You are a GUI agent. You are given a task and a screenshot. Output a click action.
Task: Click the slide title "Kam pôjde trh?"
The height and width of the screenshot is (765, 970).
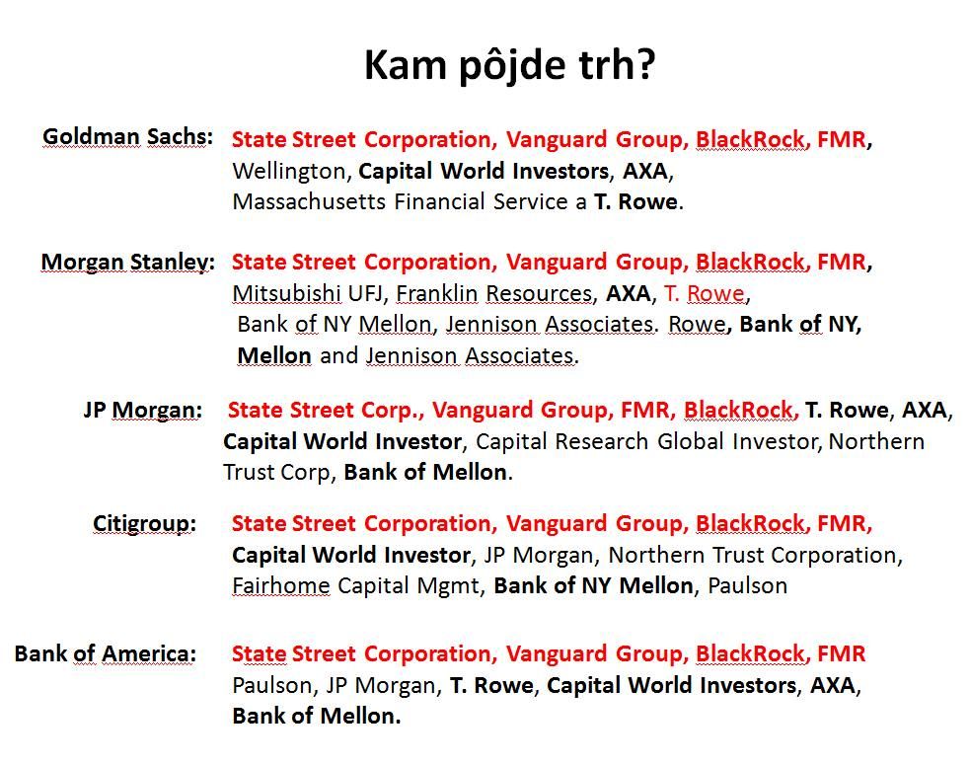pyautogui.click(x=510, y=65)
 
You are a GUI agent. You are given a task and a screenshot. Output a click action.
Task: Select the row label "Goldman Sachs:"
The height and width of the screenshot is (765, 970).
pyautogui.click(x=127, y=136)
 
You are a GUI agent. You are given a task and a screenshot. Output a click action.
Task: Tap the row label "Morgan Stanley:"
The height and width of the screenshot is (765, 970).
pyautogui.click(x=127, y=262)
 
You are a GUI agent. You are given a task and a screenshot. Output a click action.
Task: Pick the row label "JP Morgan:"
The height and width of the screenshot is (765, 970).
pyautogui.click(x=143, y=410)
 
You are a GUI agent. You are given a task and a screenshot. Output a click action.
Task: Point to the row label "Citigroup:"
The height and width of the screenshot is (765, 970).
pyautogui.click(x=145, y=523)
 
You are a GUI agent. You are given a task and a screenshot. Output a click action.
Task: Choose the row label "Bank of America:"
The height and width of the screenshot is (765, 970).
pyautogui.click(x=106, y=653)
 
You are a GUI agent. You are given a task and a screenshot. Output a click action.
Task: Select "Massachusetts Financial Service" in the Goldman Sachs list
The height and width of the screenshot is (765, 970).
pyautogui.click(x=400, y=201)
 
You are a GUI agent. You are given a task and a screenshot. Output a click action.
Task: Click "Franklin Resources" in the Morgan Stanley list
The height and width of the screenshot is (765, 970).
pyautogui.click(x=494, y=293)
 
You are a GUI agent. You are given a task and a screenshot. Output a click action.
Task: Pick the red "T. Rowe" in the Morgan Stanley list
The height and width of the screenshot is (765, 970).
pyautogui.click(x=704, y=293)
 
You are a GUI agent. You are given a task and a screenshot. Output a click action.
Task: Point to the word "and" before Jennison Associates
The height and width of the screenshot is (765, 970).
pyautogui.click(x=338, y=356)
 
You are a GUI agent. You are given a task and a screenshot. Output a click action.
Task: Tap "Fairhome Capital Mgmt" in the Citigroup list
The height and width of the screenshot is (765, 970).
pyautogui.click(x=356, y=585)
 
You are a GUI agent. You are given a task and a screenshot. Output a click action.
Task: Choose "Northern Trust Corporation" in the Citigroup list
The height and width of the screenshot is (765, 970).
pyautogui.click(x=752, y=555)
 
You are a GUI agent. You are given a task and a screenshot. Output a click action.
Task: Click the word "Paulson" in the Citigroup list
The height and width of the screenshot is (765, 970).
pyautogui.click(x=747, y=585)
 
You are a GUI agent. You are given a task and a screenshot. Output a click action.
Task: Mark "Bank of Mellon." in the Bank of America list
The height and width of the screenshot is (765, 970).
pyautogui.click(x=317, y=716)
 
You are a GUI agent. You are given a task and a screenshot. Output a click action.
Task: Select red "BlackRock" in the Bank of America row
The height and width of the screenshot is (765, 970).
pyautogui.click(x=750, y=653)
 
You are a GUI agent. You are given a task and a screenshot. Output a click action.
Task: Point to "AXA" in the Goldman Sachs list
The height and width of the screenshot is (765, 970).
pyautogui.click(x=644, y=172)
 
